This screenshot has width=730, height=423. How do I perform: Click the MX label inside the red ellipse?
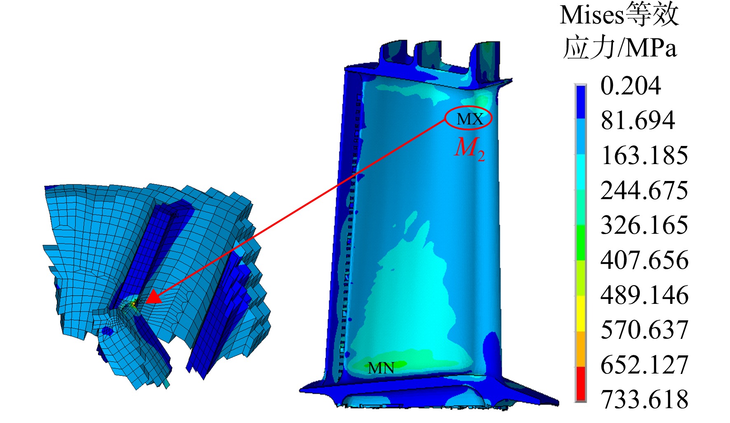(x=470, y=119)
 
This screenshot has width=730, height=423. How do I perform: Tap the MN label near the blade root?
(x=381, y=368)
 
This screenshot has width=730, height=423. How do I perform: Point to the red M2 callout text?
(x=469, y=148)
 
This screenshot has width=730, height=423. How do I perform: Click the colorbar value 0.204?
(x=631, y=86)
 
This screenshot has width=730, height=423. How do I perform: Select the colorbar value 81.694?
(x=638, y=120)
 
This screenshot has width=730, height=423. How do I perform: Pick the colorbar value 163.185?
(x=644, y=155)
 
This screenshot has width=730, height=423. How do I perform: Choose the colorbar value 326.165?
(x=644, y=225)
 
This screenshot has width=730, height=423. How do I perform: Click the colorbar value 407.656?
(x=644, y=260)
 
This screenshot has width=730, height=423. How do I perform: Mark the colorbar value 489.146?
(x=644, y=295)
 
